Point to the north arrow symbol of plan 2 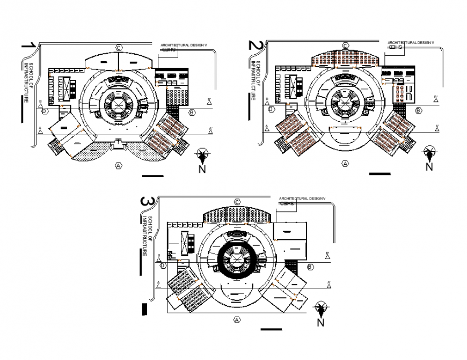coord(429,153)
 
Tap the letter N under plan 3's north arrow coord(320,322)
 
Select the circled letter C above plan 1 coord(118,48)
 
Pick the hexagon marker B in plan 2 coord(418,110)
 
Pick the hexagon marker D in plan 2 coord(271,109)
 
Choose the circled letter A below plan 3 coord(236,320)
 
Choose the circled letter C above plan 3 coord(237,202)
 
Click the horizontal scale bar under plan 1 coord(153,175)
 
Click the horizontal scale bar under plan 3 coord(271,329)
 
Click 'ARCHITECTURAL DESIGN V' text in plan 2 coord(411,42)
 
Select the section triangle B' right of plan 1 coord(210,101)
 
